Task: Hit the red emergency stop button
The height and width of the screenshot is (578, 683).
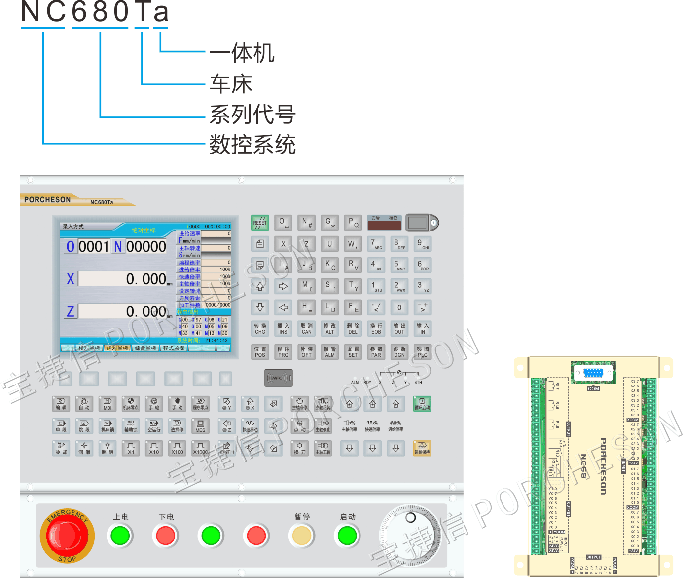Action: pyautogui.click(x=67, y=536)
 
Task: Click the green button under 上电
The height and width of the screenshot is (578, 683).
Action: pyautogui.click(x=120, y=536)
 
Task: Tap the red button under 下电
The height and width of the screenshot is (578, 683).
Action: pyautogui.click(x=166, y=536)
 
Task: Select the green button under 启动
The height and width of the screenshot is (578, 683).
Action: pyautogui.click(x=347, y=536)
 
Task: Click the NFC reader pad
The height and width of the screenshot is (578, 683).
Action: pyautogui.click(x=279, y=378)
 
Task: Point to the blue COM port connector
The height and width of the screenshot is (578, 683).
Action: pyautogui.click(x=593, y=373)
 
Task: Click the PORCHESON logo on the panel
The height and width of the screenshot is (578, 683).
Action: pyautogui.click(x=47, y=200)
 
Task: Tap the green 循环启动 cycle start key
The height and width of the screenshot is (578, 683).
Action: pyautogui.click(x=422, y=404)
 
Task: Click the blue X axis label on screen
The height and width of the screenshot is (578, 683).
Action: pyautogui.click(x=71, y=279)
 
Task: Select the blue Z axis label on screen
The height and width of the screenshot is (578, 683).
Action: pyautogui.click(x=71, y=311)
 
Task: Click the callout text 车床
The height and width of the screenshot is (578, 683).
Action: pyautogui.click(x=231, y=84)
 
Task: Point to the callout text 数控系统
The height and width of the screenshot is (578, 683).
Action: pyautogui.click(x=252, y=145)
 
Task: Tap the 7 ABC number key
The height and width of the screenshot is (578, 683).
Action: pyautogui.click(x=376, y=244)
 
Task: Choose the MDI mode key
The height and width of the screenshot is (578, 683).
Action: pyautogui.click(x=108, y=404)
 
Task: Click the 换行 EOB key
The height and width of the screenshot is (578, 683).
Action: pyautogui.click(x=376, y=328)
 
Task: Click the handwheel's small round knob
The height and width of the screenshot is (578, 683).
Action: pyautogui.click(x=410, y=518)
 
